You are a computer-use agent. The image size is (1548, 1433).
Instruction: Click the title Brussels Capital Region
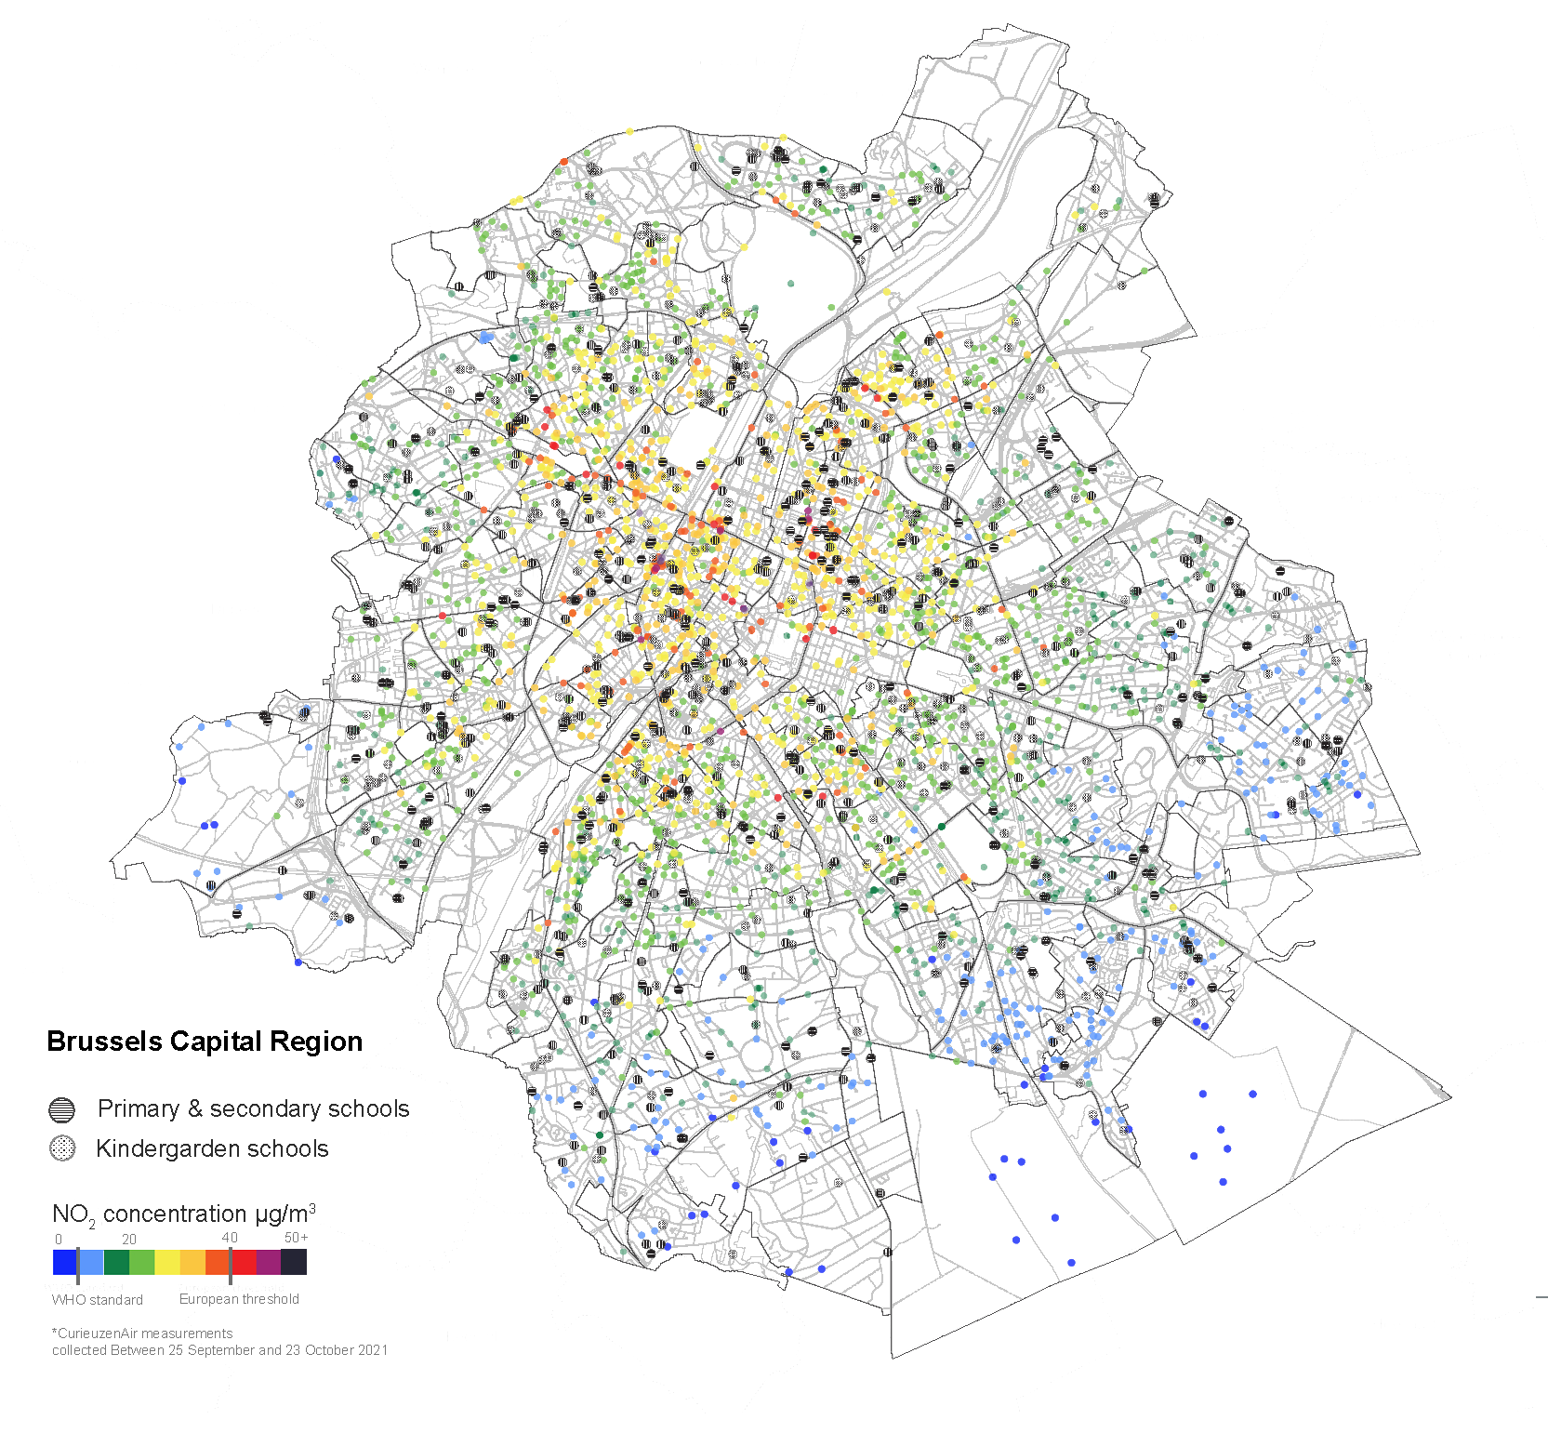pos(205,1042)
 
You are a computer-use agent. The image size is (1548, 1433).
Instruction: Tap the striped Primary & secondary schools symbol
pos(61,1109)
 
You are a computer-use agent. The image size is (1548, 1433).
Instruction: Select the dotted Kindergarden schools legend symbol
pos(61,1148)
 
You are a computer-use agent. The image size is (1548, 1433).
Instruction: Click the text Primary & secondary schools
pos(253,1108)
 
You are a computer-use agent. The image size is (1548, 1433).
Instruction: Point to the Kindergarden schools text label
pos(212,1148)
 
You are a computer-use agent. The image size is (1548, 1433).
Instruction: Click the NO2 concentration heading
pos(183,1214)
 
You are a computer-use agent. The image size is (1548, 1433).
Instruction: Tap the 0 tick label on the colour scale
pos(59,1240)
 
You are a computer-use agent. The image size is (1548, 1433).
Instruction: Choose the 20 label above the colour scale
pos(129,1240)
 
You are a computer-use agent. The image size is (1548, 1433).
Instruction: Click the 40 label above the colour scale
pos(230,1238)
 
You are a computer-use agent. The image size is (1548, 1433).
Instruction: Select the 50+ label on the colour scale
pos(296,1238)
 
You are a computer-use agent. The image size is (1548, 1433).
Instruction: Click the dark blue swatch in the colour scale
pos(64,1262)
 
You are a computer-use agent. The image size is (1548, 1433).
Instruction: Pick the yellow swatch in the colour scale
pos(167,1262)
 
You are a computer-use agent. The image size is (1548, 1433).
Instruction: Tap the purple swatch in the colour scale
pos(269,1262)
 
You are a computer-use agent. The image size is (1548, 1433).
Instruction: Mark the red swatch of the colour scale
pos(244,1262)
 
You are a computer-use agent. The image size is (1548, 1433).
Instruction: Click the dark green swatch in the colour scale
pos(116,1262)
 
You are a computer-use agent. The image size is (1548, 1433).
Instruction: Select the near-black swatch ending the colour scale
pos(294,1262)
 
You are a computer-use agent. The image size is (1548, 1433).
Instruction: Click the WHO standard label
pos(98,1300)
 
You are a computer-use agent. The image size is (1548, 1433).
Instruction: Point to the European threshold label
pos(239,1299)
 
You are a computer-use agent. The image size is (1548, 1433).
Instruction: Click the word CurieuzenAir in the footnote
pos(97,1333)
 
